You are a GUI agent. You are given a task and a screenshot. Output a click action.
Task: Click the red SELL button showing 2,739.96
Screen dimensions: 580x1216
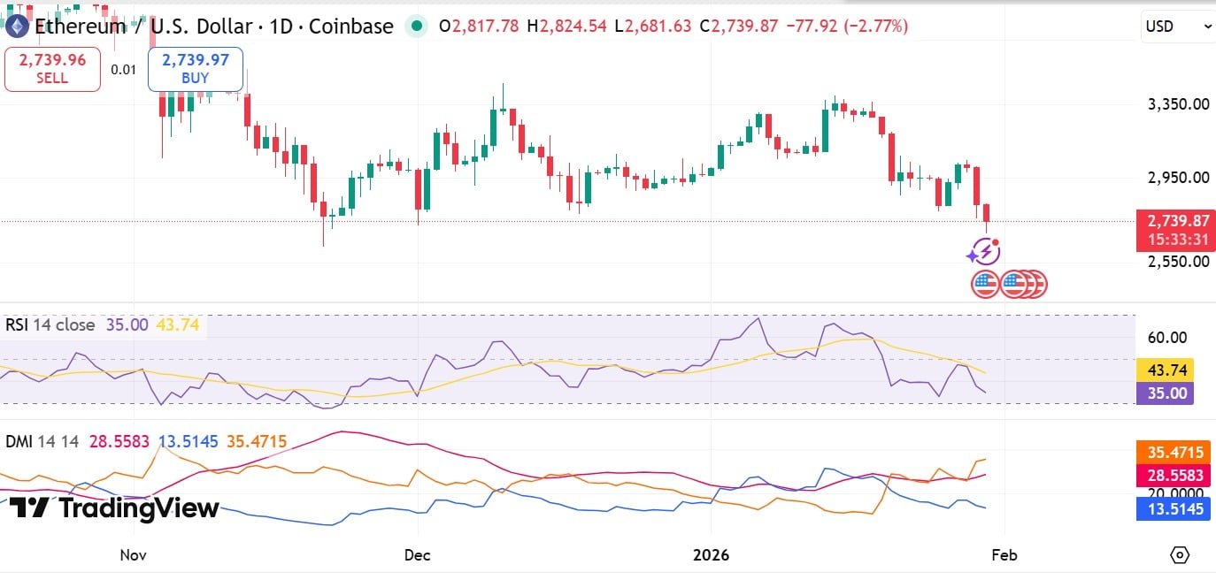[x=53, y=69]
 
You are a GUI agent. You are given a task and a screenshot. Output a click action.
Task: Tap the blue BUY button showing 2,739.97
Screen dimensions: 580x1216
[x=195, y=69]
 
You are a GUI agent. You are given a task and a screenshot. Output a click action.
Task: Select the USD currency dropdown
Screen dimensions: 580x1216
[x=1178, y=27]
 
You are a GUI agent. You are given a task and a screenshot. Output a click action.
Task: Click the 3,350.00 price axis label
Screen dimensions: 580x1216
[x=1177, y=104]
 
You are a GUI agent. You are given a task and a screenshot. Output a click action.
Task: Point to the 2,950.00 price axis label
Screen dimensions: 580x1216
[x=1177, y=177]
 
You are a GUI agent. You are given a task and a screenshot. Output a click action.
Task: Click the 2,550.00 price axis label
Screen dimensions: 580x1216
[x=1177, y=262]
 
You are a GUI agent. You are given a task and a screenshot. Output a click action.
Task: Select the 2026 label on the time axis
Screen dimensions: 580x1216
[x=711, y=555]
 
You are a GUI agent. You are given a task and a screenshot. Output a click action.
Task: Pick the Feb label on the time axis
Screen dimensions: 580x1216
[x=1004, y=555]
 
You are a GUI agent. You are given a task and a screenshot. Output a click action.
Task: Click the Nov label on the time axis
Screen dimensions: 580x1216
[x=133, y=555]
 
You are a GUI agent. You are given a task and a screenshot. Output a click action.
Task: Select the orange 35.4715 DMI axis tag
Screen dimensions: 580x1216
[x=1175, y=453]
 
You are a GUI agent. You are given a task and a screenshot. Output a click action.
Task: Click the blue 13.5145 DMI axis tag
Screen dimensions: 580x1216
[x=1175, y=509]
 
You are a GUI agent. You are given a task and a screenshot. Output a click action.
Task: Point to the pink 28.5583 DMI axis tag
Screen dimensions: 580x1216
[x=1175, y=476]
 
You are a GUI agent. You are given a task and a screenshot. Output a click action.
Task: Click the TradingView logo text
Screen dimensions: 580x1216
[x=115, y=508]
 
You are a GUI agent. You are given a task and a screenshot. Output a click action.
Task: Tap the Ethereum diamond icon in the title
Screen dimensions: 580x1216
[x=17, y=27]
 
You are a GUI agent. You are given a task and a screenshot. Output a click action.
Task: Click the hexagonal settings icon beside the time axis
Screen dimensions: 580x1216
[x=1179, y=555]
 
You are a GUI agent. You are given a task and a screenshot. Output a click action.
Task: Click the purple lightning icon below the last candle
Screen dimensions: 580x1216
[x=983, y=253]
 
